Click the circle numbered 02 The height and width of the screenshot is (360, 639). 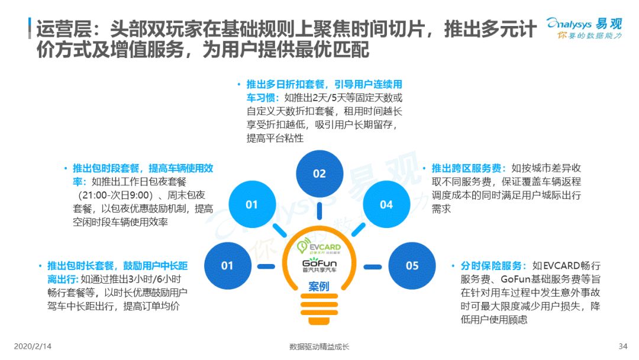[x=319, y=173]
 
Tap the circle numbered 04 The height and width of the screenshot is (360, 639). [x=386, y=204]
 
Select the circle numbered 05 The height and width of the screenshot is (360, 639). [x=412, y=266]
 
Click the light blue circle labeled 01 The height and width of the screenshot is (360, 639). [x=252, y=204]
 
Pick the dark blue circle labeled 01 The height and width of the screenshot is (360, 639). [x=228, y=266]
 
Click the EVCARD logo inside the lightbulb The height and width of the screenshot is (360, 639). [x=319, y=247]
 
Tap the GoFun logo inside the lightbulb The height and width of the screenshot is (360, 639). [x=319, y=265]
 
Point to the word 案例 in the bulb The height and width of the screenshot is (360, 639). [x=319, y=286]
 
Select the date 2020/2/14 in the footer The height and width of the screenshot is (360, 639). [x=33, y=346]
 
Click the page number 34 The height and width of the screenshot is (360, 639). [x=622, y=346]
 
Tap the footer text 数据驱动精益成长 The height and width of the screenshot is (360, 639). [x=319, y=346]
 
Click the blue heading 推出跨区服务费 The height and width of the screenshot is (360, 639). [x=466, y=168]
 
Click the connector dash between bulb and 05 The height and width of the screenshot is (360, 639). [x=373, y=267]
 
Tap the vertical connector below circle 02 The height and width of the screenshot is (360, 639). [x=319, y=211]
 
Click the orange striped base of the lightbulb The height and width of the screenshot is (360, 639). [x=319, y=309]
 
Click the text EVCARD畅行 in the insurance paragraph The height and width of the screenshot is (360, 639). [x=566, y=266]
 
